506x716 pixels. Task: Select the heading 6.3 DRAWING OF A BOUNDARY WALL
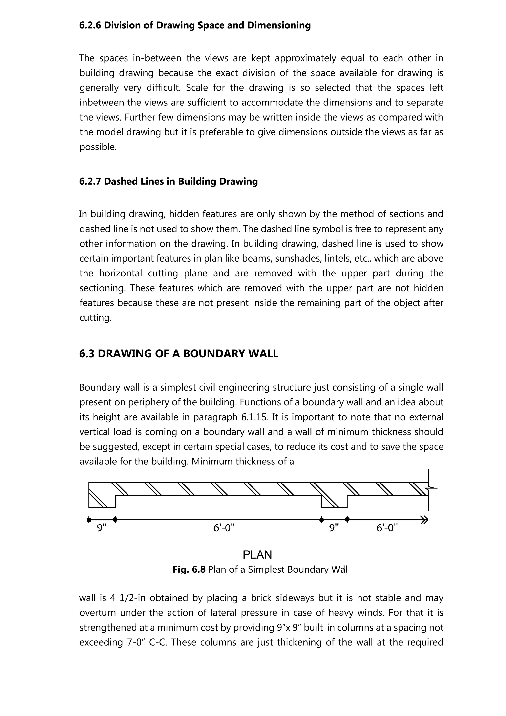tap(179, 354)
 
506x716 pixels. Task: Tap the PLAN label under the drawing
tap(257, 555)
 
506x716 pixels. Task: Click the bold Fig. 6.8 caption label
tap(189, 570)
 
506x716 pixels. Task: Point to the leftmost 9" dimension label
tap(102, 528)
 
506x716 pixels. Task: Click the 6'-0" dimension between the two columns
tap(224, 528)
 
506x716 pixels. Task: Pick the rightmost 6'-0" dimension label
tap(387, 528)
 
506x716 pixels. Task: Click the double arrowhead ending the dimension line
tap(424, 520)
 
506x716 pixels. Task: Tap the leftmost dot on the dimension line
tap(89, 520)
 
